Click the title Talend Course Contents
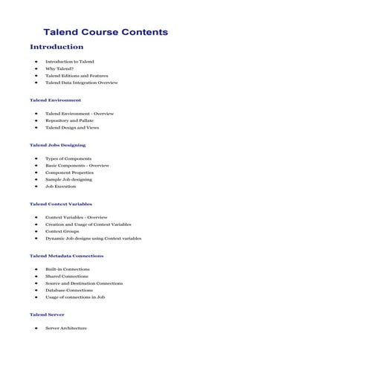106,32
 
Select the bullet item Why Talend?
59,68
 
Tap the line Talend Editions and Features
77,76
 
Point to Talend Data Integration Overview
82,83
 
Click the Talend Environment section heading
55,100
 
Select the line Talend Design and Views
72,128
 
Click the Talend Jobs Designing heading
57,145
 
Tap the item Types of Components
68,158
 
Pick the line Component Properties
70,172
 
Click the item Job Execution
61,187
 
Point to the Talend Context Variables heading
61,204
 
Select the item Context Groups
62,231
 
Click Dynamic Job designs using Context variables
93,239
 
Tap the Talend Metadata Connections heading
66,256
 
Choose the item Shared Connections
67,276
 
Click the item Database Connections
69,290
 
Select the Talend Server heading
47,314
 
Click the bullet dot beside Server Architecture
36,328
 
